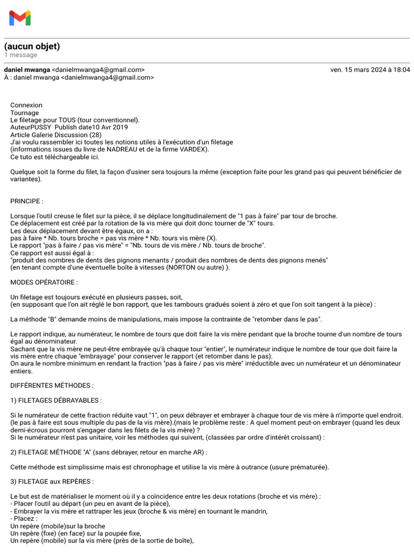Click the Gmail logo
[x=20, y=18]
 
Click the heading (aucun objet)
[x=32, y=46]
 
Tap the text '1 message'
[x=20, y=55]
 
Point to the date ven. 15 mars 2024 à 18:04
[x=370, y=70]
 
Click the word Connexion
[x=26, y=105]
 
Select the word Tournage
[x=24, y=113]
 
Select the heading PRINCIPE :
[x=26, y=201]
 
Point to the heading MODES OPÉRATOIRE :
[x=44, y=282]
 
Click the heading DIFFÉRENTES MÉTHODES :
[x=52, y=385]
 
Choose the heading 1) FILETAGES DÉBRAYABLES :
[x=56, y=401]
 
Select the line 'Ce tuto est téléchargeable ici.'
[x=54, y=157]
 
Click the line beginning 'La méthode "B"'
[x=166, y=319]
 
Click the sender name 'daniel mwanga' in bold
[x=26, y=70]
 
